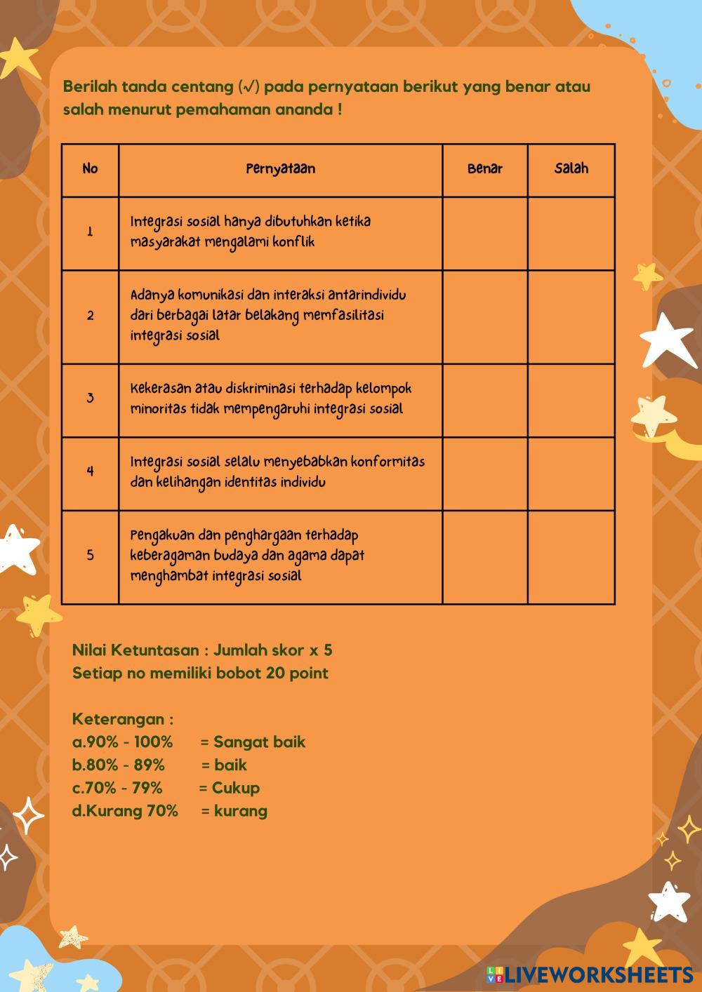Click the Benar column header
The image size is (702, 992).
[485, 169]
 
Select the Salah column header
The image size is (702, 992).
[571, 169]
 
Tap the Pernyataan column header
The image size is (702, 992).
[280, 169]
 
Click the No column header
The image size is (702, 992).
[90, 169]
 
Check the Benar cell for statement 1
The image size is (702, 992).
[485, 234]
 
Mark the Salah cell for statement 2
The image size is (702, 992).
[571, 317]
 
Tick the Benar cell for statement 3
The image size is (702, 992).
[485, 401]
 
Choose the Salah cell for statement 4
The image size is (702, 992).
[571, 474]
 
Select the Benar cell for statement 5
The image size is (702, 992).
[485, 557]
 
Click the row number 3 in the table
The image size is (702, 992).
[90, 398]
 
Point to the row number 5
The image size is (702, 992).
[90, 556]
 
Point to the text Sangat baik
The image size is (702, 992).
[259, 742]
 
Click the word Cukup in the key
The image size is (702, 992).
[236, 788]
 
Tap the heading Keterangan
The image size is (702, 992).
[122, 719]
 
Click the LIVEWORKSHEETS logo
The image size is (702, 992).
[590, 974]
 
